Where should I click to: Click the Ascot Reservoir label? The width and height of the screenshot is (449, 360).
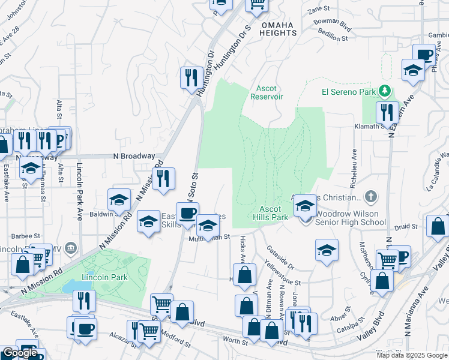267,92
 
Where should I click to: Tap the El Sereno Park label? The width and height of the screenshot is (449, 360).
348,91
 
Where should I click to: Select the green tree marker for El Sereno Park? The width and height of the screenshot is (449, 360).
385,92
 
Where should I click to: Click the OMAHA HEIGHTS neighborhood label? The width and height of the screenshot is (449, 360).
279,29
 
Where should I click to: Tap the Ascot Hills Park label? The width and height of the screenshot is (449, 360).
271,213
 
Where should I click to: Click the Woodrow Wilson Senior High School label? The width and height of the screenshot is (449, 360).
351,218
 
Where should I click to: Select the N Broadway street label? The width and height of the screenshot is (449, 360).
134,156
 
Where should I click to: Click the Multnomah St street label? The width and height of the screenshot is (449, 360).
209,238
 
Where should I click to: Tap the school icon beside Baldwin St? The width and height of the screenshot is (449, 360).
119,200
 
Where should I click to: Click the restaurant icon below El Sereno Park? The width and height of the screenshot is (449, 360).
387,112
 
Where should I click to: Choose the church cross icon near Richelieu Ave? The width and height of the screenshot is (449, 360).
372,196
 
